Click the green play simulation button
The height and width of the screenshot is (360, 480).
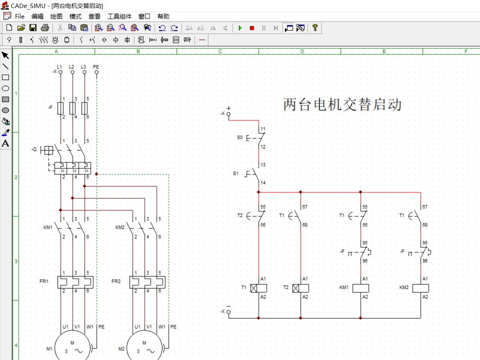click(240, 28)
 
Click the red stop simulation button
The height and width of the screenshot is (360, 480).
click(252, 28)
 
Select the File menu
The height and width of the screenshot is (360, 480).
click(20, 16)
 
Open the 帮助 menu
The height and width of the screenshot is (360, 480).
click(163, 16)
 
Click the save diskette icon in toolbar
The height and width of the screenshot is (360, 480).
click(33, 28)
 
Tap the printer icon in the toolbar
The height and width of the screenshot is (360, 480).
click(45, 28)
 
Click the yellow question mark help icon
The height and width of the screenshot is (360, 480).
click(315, 28)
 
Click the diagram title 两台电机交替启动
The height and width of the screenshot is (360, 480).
click(342, 105)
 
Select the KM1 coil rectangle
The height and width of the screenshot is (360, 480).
click(360, 288)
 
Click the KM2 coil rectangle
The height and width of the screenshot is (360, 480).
click(420, 288)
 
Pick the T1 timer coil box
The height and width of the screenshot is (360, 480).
click(258, 288)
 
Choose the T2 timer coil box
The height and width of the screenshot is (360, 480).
click(300, 288)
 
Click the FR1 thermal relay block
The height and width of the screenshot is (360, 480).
click(76, 282)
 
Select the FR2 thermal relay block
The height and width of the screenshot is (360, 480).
click(148, 282)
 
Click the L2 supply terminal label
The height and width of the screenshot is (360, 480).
click(72, 66)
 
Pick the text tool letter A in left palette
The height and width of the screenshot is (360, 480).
click(6, 144)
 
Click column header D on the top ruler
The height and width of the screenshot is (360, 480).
click(302, 51)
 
